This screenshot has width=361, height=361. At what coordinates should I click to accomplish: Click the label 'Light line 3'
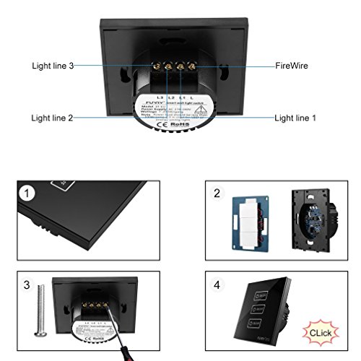point(53,66)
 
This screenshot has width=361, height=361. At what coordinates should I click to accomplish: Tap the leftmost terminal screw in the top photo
point(157,65)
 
